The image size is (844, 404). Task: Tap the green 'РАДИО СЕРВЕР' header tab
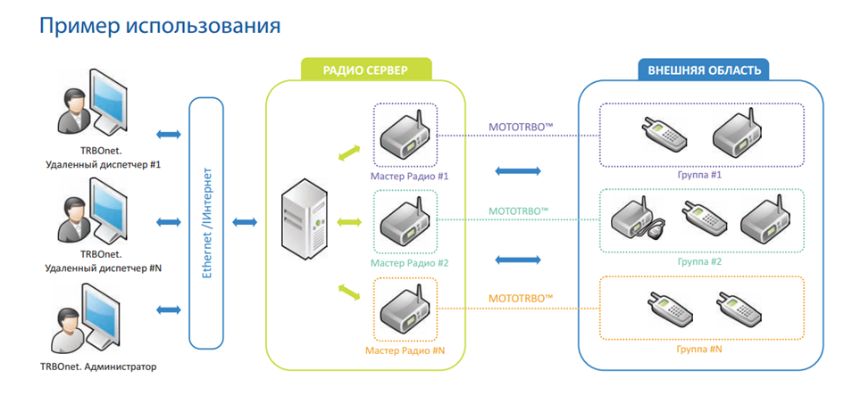[364, 70]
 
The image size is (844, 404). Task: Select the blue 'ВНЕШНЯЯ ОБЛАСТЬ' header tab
[704, 70]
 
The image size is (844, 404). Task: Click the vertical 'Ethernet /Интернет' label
[208, 221]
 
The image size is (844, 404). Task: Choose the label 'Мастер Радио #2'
[410, 263]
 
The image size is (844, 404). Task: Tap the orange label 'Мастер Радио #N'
[405, 350]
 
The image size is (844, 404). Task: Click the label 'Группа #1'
[699, 175]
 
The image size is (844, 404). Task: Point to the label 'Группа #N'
[699, 349]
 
